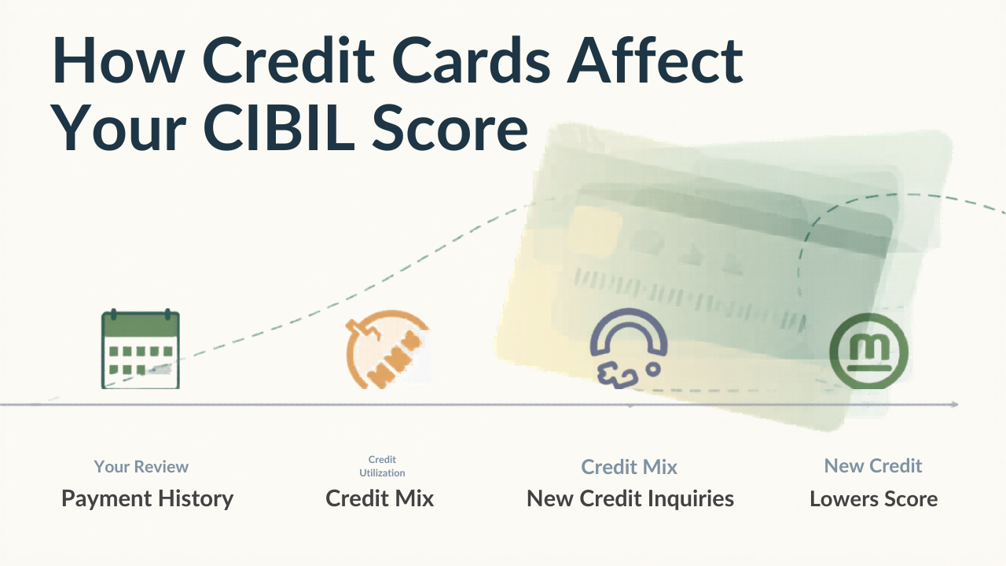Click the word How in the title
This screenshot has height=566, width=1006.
coord(119,60)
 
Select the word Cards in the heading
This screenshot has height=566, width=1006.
coord(471,60)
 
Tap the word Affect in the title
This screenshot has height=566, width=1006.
coord(655,60)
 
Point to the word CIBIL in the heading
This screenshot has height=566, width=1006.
coord(279,127)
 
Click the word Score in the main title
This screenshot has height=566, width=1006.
coord(450,127)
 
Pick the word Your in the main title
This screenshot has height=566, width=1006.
coord(119,127)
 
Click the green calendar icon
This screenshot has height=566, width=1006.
coord(141,349)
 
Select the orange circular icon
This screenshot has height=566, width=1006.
coord(387,349)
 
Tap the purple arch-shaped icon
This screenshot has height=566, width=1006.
coord(629,348)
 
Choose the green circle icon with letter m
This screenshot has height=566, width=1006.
coord(868,351)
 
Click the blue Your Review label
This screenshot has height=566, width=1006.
coord(141,467)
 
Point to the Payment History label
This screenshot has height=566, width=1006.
coord(147,499)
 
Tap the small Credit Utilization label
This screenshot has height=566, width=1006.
coord(382,466)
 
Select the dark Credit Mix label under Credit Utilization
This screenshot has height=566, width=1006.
coord(380,498)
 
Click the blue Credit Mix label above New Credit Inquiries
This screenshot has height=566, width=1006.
coord(630,467)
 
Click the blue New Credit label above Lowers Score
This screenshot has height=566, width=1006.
coord(873,466)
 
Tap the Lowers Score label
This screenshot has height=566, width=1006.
coord(873,499)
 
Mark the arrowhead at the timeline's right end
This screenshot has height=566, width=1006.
coord(955,404)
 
